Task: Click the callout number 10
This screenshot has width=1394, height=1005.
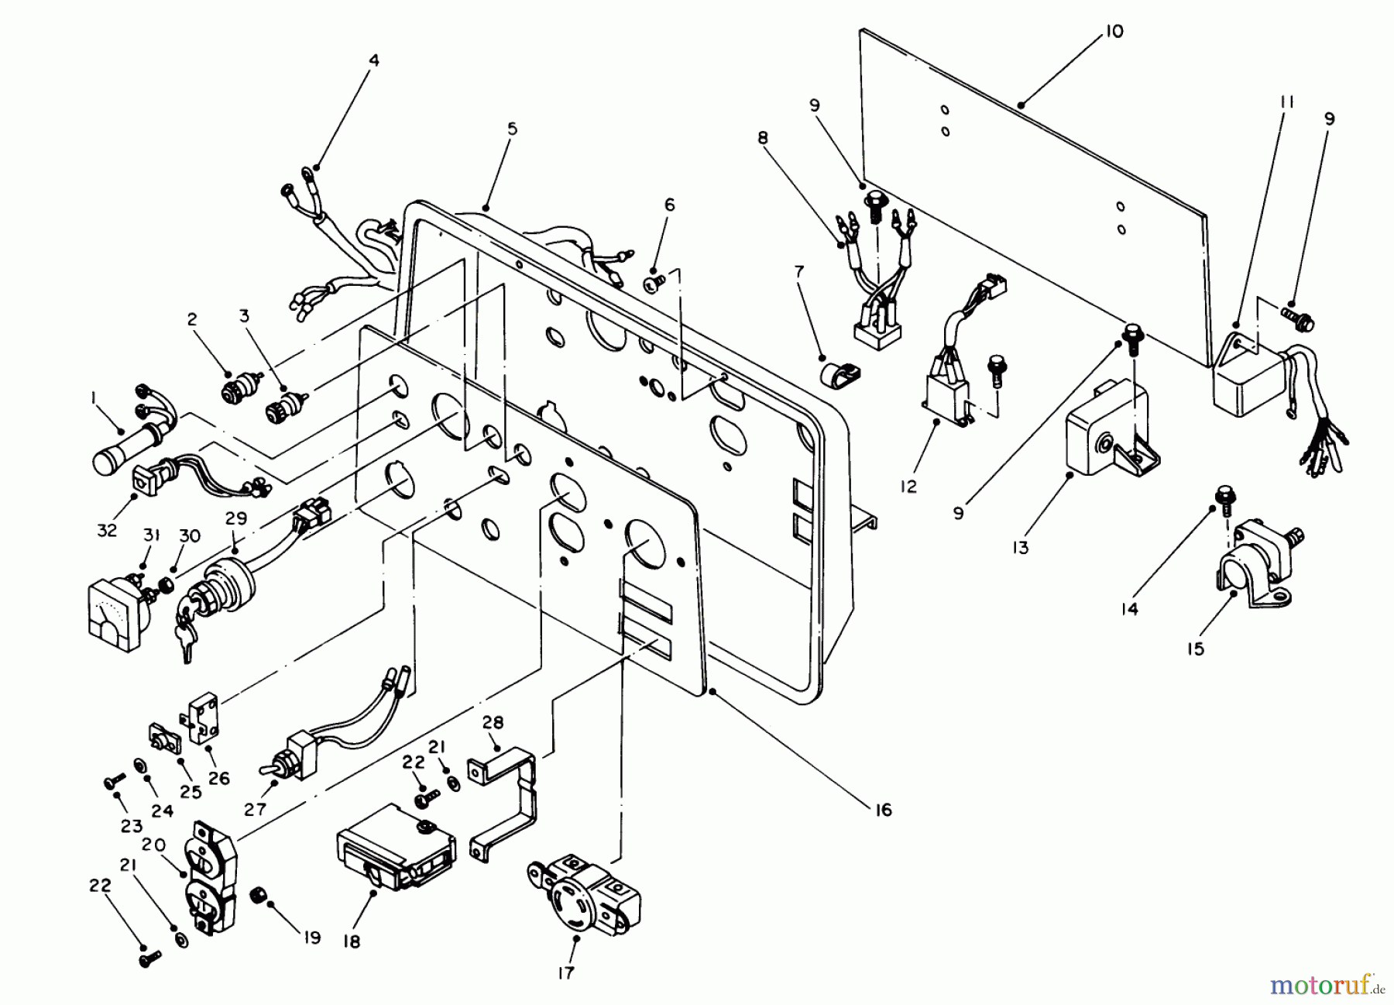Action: pyautogui.click(x=1113, y=32)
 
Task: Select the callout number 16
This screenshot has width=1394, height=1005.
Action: pyautogui.click(x=883, y=810)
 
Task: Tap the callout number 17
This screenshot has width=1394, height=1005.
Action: pyautogui.click(x=566, y=972)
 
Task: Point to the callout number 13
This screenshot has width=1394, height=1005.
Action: pyautogui.click(x=1020, y=548)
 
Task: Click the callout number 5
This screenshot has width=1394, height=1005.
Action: pyautogui.click(x=512, y=129)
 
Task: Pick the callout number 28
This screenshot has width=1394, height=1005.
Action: pyautogui.click(x=493, y=723)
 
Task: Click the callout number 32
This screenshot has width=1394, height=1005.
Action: pyautogui.click(x=107, y=530)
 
